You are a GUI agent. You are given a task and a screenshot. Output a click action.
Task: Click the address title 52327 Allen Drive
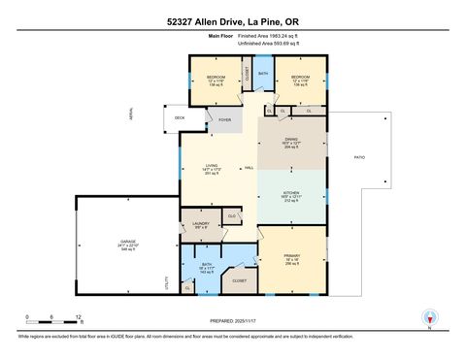(x=232, y=19)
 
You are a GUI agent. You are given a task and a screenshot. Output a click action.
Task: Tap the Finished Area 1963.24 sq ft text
(x=266, y=35)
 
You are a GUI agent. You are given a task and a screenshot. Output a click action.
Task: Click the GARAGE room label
(x=128, y=244)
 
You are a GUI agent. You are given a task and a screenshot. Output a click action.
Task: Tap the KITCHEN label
(x=291, y=193)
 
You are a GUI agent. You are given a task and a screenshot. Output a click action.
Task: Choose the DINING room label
(x=291, y=140)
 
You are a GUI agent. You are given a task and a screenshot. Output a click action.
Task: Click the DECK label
(x=180, y=119)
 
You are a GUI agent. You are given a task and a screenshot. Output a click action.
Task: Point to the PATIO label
(x=358, y=156)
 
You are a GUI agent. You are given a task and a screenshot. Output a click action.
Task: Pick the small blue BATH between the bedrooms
(x=263, y=73)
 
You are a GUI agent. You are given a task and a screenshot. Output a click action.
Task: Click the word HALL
(x=250, y=169)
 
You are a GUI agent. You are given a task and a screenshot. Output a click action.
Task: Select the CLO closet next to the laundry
(x=232, y=214)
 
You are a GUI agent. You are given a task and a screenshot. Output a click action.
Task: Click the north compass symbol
(x=428, y=317)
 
